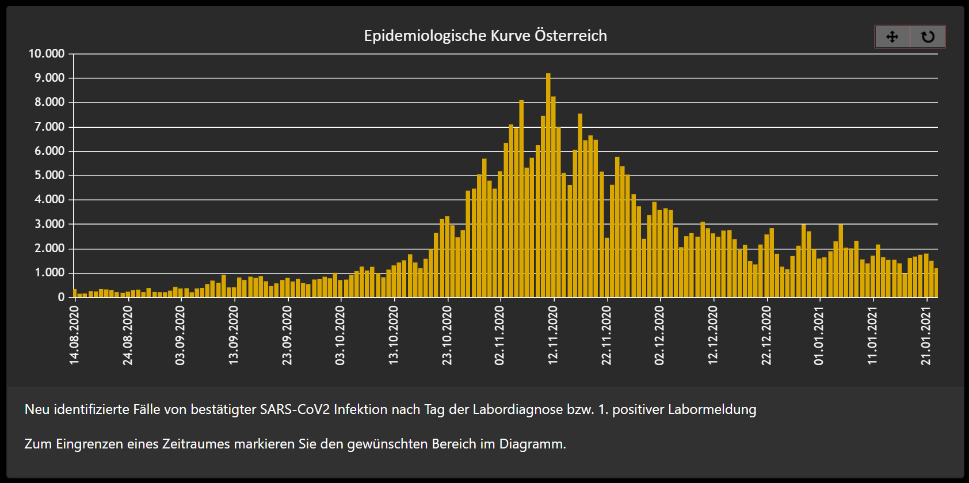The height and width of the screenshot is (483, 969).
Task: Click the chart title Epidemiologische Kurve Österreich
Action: (485, 36)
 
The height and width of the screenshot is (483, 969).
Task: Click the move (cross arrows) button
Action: (892, 37)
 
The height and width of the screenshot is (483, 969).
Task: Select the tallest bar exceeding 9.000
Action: (548, 184)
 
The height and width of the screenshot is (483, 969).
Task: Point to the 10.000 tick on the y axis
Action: (47, 54)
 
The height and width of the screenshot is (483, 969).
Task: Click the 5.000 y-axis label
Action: (49, 175)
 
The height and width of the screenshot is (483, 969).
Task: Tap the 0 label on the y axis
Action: (61, 297)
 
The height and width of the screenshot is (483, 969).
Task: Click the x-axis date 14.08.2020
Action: (74, 335)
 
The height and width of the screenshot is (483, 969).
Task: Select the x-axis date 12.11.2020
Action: (553, 335)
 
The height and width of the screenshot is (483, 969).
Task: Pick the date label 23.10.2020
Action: (447, 335)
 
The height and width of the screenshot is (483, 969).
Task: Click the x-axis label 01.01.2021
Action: (819, 335)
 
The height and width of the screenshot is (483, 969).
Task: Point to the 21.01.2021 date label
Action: (926, 335)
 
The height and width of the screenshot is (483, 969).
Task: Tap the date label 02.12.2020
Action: (659, 335)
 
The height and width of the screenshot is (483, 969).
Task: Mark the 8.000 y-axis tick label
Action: (49, 102)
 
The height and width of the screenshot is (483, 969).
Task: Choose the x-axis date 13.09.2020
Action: (233, 335)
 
